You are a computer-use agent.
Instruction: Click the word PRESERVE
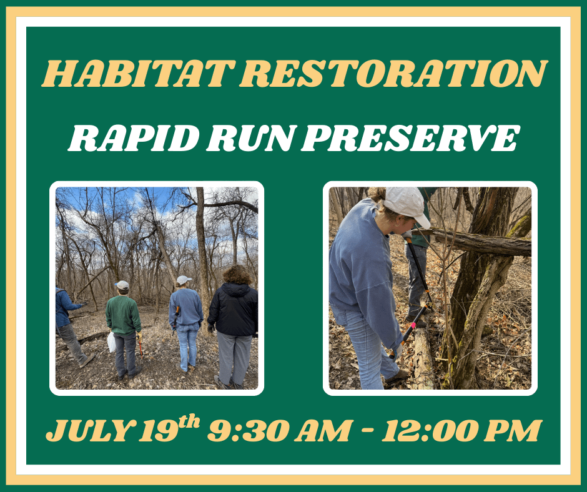[x=410, y=138]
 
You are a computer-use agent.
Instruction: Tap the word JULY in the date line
[x=87, y=431]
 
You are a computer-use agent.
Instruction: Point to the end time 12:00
[x=426, y=431]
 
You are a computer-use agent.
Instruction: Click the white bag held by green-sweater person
[x=111, y=342]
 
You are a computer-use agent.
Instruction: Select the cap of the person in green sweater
[x=122, y=285]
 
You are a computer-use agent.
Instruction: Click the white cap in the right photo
[x=407, y=204]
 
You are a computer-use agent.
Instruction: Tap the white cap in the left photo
[x=184, y=280]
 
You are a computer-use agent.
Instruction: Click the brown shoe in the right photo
[x=397, y=376]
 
